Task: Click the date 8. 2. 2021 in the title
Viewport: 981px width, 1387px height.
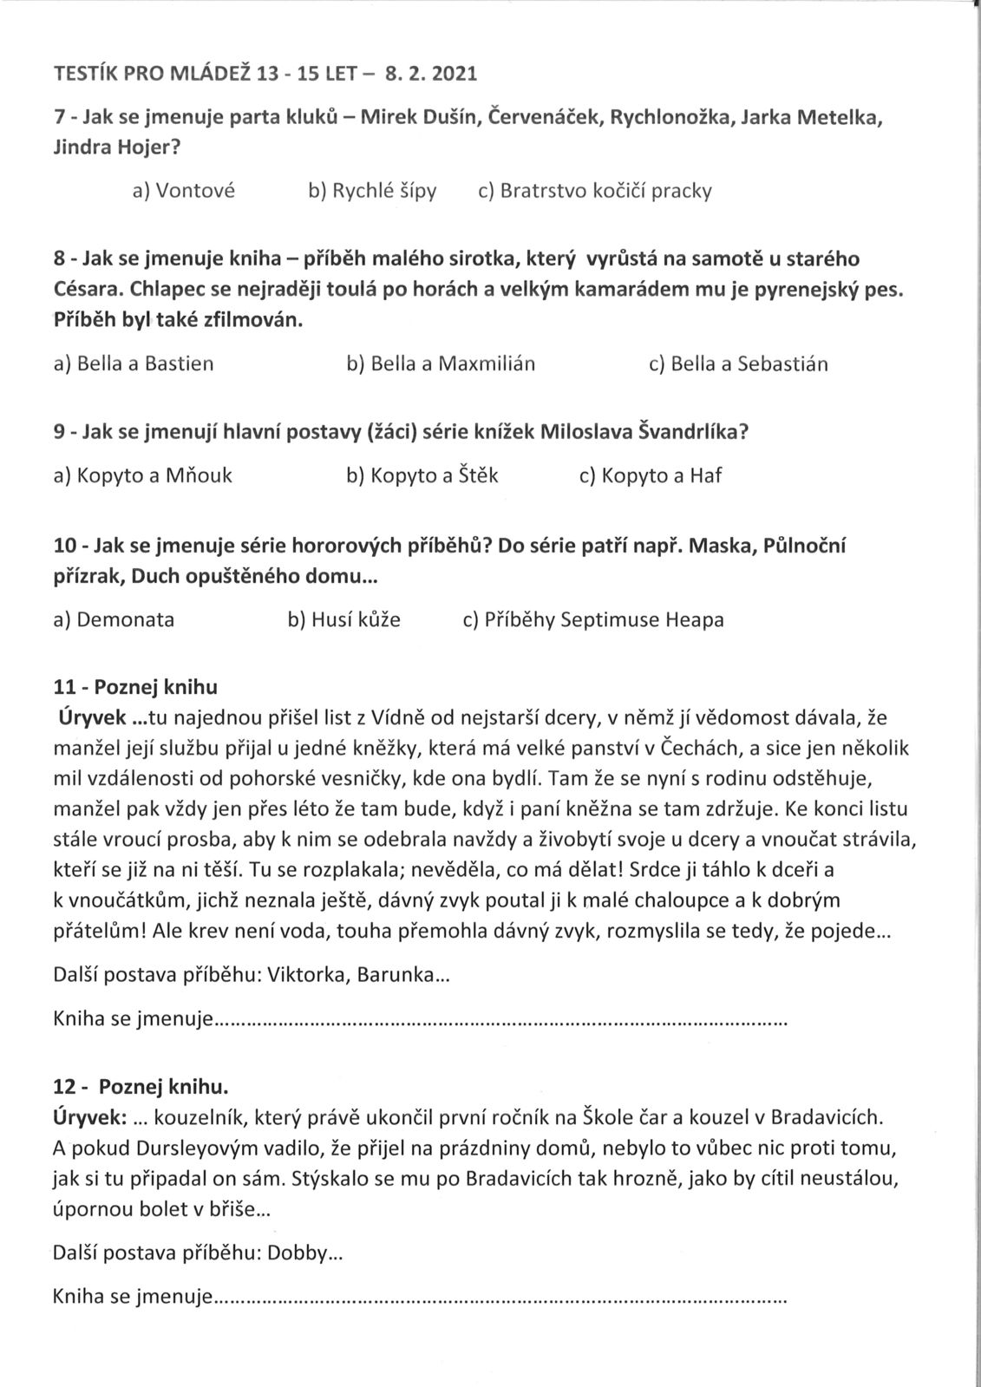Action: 431,74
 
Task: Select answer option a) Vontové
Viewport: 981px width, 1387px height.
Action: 183,191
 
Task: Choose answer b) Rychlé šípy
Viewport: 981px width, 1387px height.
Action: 372,191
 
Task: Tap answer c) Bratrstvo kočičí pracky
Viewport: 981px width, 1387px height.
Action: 595,191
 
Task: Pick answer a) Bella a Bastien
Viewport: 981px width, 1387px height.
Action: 134,363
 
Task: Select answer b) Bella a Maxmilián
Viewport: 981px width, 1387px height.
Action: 441,363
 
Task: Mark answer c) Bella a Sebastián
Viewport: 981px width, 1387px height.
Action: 738,363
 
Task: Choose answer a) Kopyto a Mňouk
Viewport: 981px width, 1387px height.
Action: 143,475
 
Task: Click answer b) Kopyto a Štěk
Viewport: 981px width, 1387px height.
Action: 422,475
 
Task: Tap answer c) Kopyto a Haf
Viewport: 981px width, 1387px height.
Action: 651,475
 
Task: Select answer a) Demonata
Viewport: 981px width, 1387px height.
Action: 114,619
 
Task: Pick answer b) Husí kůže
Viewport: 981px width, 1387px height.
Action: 343,619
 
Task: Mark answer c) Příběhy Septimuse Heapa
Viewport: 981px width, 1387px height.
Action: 593,619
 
